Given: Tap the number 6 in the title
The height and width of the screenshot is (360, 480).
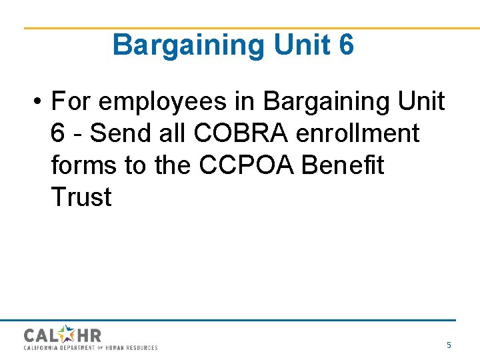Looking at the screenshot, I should point(347,45).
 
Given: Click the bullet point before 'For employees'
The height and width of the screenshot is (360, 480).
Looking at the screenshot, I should point(39,102).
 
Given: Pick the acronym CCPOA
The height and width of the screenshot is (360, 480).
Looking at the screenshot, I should point(247,165).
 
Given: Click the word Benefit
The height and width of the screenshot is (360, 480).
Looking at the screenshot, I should point(343,165).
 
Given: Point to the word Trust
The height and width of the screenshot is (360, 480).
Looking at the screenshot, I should point(81,197).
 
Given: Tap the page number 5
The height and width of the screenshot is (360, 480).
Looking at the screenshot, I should point(449,345).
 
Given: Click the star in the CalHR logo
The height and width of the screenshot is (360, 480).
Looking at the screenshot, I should point(67,334).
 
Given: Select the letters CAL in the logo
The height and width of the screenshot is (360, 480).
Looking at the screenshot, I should point(41,335).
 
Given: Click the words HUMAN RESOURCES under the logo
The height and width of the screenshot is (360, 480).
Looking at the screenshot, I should point(133,348).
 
